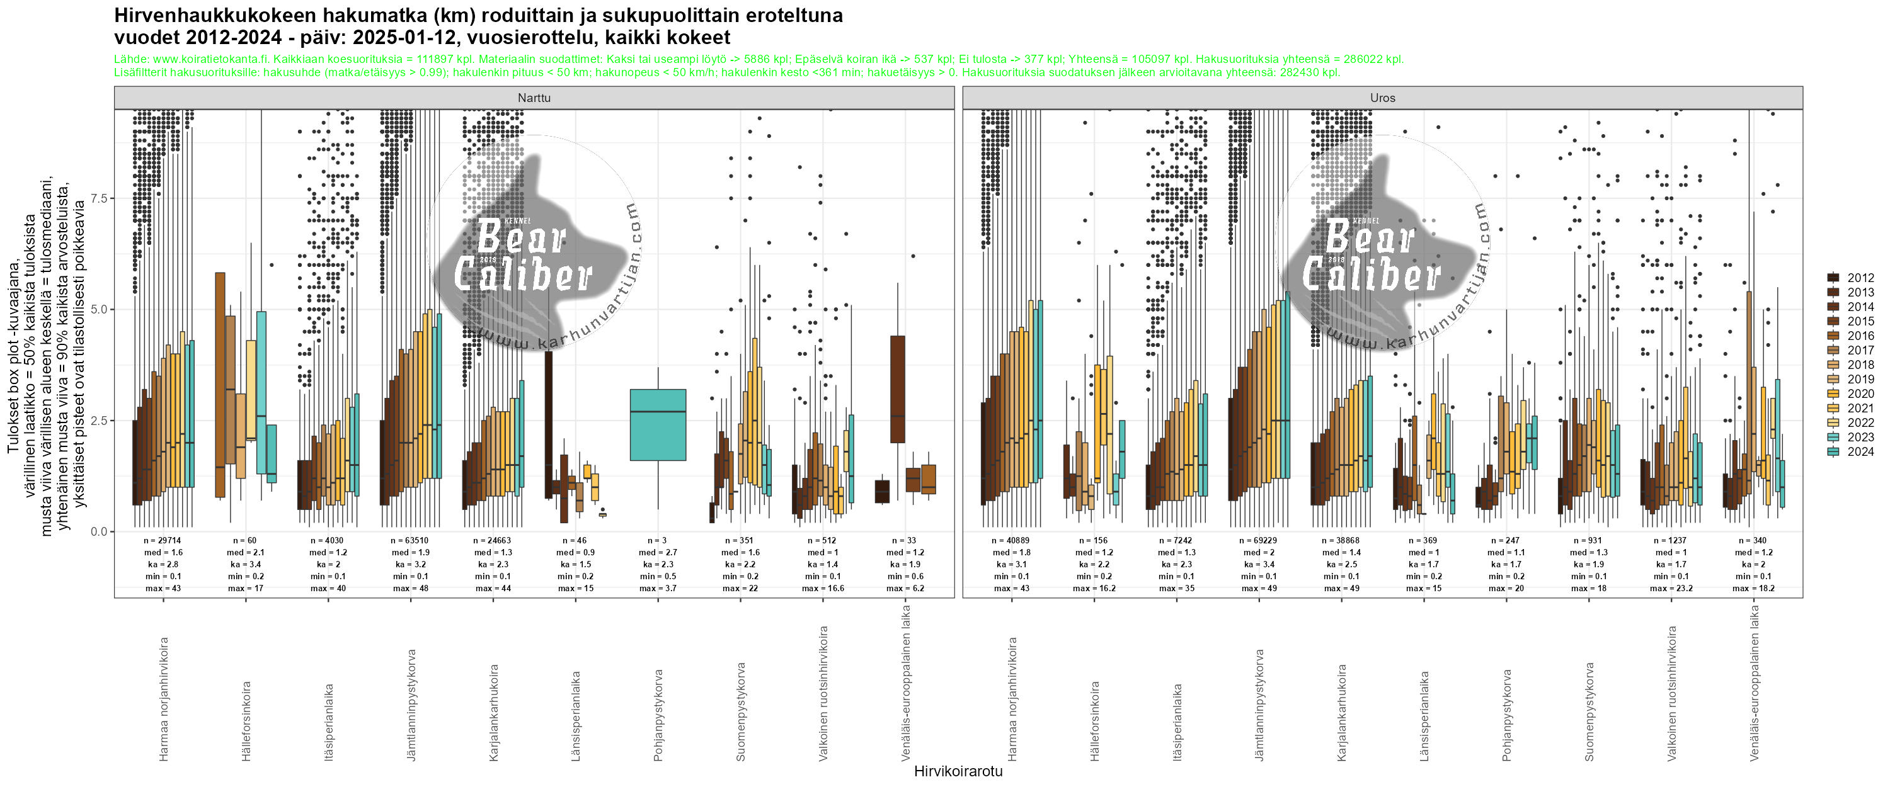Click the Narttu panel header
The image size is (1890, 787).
tap(534, 98)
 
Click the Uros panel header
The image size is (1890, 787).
tap(1382, 98)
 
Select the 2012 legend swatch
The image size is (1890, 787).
tap(1833, 277)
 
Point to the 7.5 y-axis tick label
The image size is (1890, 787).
tap(98, 199)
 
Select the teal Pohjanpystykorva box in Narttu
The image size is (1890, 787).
tap(658, 425)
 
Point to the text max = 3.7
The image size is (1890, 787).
tap(658, 588)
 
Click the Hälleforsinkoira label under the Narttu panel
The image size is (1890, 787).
tap(246, 720)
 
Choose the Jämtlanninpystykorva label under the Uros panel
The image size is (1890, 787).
tap(1260, 704)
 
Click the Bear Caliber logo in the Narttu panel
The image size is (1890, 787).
tap(534, 249)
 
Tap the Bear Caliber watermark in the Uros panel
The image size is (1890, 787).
tap(1382, 249)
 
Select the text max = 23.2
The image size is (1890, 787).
tap(1671, 588)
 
